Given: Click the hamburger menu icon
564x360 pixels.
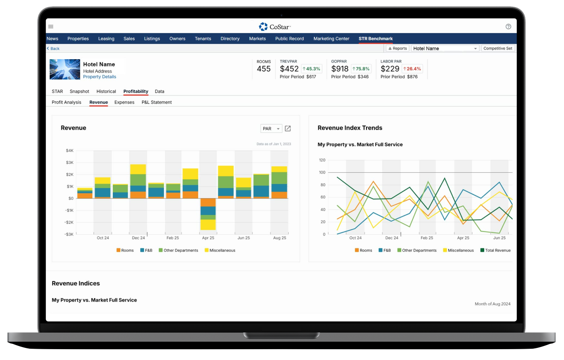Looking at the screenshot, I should tap(51, 27).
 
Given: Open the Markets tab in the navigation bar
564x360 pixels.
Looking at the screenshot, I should tap(257, 39).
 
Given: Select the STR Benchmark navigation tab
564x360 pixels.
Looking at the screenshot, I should tap(375, 39).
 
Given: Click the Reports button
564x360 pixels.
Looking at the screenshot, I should tap(397, 48).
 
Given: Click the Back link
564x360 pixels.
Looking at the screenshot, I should tap(53, 48).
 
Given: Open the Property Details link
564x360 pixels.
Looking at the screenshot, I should tap(100, 77).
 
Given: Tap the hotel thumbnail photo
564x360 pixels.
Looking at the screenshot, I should tap(65, 69).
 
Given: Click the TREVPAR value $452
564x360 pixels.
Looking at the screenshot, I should tap(289, 69).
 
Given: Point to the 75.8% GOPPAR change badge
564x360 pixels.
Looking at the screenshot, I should tap(361, 69).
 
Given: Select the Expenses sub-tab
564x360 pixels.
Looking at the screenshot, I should tap(124, 102).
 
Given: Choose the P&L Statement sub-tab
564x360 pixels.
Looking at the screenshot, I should tap(157, 102).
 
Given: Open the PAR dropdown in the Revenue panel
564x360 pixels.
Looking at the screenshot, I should tap(271, 128).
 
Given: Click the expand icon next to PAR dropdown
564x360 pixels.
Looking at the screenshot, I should tap(288, 128).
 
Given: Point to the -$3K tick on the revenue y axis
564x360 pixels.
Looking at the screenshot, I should tap(70, 234).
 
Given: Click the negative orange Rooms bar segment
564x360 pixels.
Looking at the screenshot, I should tap(208, 202).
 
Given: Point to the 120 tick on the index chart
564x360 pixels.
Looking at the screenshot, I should tap(322, 160).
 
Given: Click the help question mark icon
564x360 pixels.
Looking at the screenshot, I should tap(508, 27).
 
